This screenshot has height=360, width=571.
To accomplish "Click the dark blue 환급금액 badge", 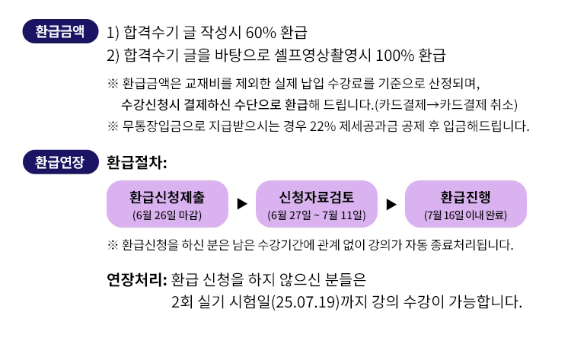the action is (60, 31).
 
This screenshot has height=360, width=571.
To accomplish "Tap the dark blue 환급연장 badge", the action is (60, 162).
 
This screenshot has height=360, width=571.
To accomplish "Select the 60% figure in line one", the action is (261, 33).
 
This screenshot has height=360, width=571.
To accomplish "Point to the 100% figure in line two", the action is (394, 56).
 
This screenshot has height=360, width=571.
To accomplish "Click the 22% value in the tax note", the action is (323, 126).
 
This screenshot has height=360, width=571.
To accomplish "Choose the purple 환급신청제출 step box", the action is (167, 204).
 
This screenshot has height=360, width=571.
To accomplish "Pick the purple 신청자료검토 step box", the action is (317, 204).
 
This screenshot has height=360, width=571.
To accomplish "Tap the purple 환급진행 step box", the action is (466, 204).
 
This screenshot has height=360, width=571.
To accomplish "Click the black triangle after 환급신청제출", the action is (242, 204).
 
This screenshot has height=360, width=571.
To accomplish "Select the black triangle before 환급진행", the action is (391, 204).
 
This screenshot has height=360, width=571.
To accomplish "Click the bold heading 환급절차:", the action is (136, 162).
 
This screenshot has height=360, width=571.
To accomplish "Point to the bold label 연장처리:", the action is (136, 280).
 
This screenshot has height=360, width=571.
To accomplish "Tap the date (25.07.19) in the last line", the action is (305, 302).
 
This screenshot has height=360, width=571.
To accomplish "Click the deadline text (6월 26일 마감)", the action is (167, 215).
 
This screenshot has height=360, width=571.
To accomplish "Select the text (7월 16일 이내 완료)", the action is (465, 215).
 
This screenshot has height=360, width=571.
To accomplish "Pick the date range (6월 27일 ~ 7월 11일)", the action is (317, 215).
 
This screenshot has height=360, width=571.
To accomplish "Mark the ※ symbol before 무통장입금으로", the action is (113, 126).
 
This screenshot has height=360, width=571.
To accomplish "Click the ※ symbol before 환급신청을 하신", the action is (113, 245).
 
